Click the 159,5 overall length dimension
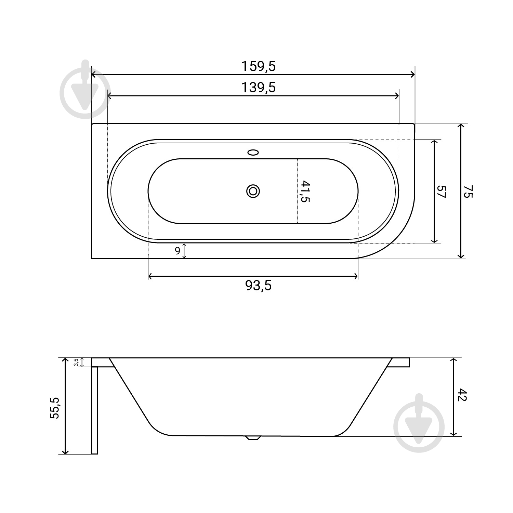click(258, 66)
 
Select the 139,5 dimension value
click(258, 88)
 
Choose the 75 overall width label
click(468, 191)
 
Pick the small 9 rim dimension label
click(177, 251)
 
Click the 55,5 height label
click(55, 408)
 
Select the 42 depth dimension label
click(462, 395)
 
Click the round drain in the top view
click(253, 191)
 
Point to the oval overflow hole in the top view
click(253, 152)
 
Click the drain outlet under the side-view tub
click(253, 438)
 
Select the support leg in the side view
click(95, 410)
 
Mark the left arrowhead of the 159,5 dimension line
click(94, 75)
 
